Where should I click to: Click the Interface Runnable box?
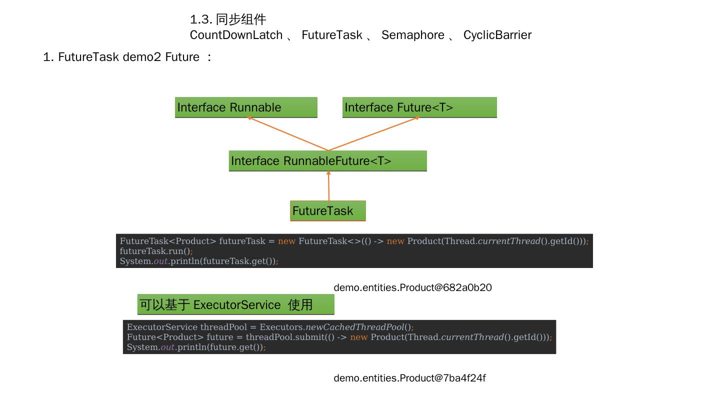coord(246,107)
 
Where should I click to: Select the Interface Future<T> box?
coord(419,107)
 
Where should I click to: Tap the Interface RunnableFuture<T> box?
coord(327,161)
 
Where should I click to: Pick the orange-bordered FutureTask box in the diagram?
coord(328,211)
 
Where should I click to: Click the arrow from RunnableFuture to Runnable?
coord(287,134)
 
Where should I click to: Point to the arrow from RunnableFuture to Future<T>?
coord(374,133)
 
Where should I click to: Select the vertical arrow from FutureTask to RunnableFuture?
coord(328,186)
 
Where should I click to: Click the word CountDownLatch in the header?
coord(236,35)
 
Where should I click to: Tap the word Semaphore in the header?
coord(412,35)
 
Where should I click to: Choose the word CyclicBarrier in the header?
coord(497,35)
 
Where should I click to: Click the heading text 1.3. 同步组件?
coord(228,19)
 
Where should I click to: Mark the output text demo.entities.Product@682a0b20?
coord(412,287)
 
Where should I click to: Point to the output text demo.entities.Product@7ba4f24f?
coord(409,378)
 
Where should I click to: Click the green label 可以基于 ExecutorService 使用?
coord(235,304)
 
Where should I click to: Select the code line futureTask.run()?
coord(156,251)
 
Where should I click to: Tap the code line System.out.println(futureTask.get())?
coord(198,261)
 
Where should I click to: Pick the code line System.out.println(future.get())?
coord(196,347)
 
